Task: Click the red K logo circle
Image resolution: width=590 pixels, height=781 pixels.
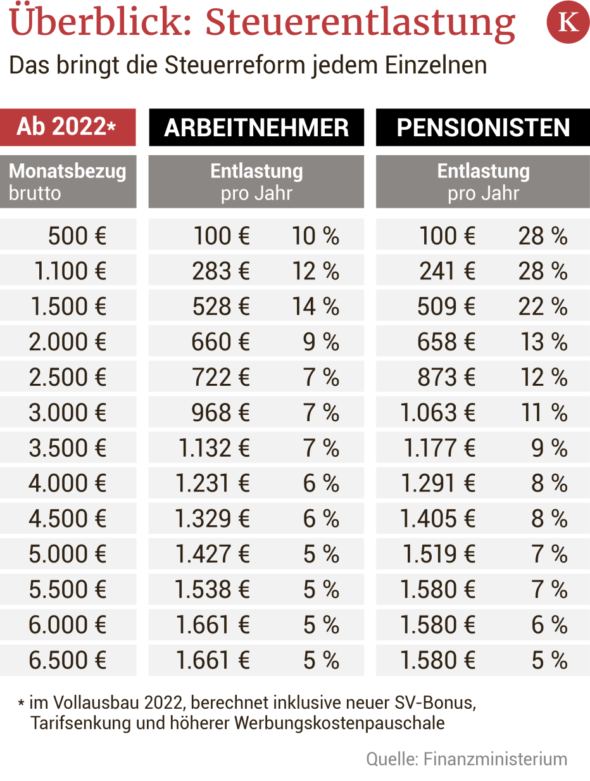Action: click(567, 22)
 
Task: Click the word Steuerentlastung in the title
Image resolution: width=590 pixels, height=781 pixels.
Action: click(360, 23)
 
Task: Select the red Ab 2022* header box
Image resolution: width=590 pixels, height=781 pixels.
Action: click(67, 127)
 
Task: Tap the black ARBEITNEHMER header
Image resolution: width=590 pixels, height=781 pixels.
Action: click(256, 127)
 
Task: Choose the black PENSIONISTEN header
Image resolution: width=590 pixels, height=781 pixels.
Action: click(483, 127)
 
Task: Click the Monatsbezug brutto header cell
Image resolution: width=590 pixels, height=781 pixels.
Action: click(67, 182)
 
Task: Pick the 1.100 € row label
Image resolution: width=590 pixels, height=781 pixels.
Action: click(70, 272)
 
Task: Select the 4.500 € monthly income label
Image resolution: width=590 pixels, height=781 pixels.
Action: click(68, 519)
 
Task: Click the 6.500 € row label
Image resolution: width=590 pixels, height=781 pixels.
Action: click(68, 661)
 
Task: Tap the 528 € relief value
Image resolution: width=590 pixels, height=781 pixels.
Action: click(221, 307)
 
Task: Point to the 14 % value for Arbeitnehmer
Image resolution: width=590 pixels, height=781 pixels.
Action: click(315, 307)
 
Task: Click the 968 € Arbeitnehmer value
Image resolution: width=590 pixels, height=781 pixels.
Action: click(221, 413)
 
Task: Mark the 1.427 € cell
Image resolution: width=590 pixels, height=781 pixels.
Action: click(213, 555)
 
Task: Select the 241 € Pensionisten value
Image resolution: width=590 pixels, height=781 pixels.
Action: click(447, 272)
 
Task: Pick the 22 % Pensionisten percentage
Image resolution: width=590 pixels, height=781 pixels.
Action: click(543, 307)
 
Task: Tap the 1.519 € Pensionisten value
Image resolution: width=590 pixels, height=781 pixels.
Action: click(439, 555)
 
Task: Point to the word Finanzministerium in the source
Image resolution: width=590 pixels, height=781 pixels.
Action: click(495, 759)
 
